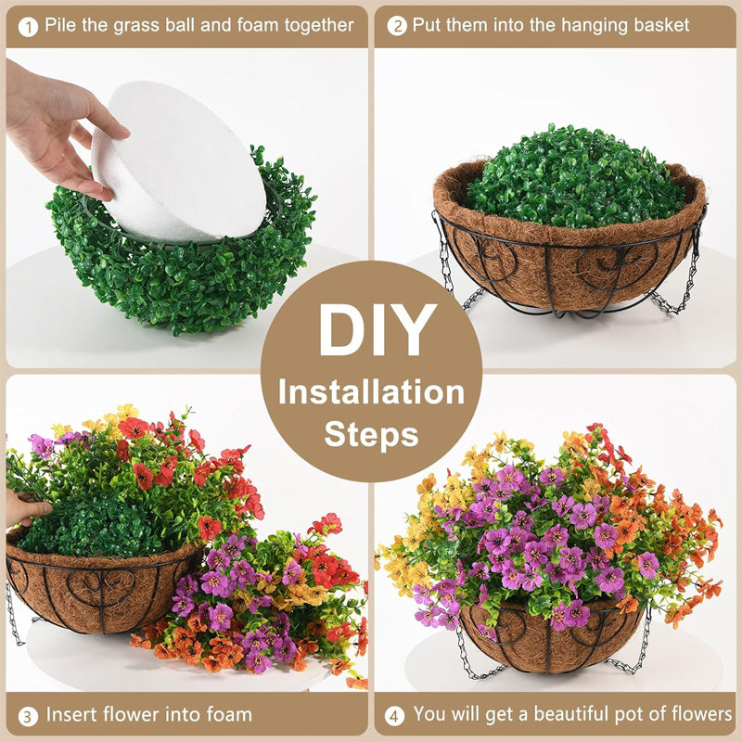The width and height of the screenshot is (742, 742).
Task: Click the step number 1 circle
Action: [29, 26]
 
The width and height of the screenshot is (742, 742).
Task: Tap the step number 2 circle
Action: [397, 26]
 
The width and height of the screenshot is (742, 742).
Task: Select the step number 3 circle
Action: [29, 715]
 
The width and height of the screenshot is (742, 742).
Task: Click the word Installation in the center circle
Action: [372, 391]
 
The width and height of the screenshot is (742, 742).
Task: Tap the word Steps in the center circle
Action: [371, 434]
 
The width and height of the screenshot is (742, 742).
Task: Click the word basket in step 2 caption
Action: [657, 25]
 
